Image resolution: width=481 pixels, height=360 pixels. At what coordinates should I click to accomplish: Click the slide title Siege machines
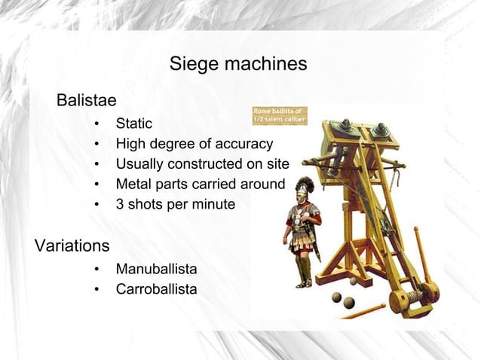click(237, 64)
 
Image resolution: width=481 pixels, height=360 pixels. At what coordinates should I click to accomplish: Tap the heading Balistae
click(86, 100)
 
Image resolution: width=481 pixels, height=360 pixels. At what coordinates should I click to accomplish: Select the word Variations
click(72, 246)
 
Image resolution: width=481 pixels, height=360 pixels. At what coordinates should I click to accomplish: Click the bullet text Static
click(133, 124)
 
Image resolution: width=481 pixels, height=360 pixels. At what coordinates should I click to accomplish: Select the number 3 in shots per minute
click(120, 204)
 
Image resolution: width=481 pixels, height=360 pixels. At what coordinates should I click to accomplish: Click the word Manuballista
click(156, 268)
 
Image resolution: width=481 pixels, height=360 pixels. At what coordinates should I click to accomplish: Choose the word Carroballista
click(156, 288)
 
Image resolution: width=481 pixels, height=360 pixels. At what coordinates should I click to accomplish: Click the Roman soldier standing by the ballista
click(303, 233)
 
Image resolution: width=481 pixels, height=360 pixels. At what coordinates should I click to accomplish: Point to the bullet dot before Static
click(97, 124)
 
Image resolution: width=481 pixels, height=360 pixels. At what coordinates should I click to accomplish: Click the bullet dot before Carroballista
click(97, 288)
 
